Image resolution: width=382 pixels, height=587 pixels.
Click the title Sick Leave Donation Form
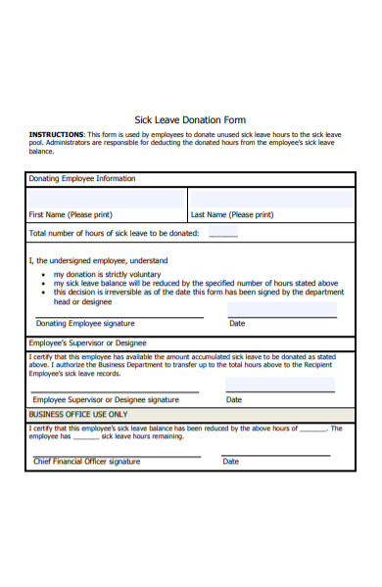click(x=190, y=120)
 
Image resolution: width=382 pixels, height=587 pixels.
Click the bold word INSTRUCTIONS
click(x=57, y=134)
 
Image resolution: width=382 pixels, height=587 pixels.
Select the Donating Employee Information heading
click(x=82, y=179)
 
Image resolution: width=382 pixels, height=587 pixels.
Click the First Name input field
click(x=107, y=199)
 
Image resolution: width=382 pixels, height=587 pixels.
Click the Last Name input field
click(x=271, y=199)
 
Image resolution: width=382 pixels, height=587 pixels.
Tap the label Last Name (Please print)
click(x=233, y=214)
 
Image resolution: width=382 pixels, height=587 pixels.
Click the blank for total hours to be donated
click(x=222, y=234)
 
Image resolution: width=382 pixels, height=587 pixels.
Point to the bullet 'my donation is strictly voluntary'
click(x=107, y=275)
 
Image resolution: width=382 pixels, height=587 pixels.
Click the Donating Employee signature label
click(x=85, y=323)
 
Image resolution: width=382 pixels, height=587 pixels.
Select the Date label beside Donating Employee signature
click(x=237, y=323)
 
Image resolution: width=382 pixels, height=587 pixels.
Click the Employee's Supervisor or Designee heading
click(x=88, y=343)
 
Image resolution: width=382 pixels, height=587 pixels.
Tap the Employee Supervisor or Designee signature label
click(x=106, y=399)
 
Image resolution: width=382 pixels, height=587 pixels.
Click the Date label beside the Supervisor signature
click(x=234, y=399)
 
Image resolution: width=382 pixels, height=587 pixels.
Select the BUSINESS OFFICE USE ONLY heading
click(x=78, y=414)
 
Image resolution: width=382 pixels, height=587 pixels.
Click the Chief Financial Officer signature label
click(x=87, y=461)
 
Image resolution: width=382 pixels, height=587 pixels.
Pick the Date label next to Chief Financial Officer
click(x=230, y=461)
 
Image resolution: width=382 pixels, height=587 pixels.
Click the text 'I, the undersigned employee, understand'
click(x=98, y=261)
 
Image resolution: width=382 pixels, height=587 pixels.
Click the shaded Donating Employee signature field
click(x=118, y=309)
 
